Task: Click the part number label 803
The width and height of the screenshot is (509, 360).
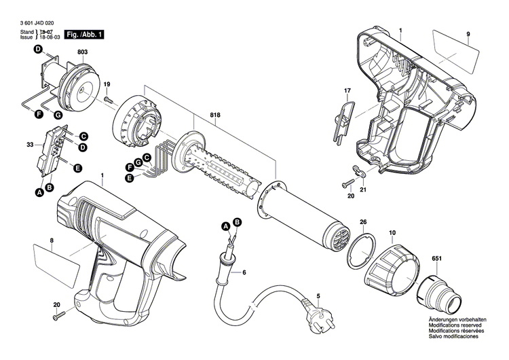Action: [x=82, y=52]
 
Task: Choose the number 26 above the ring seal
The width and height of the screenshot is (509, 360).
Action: [x=363, y=223]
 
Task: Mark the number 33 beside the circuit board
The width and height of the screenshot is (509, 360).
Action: [x=29, y=145]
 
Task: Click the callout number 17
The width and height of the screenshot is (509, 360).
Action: [x=347, y=91]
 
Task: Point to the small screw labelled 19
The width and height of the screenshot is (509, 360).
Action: [x=109, y=100]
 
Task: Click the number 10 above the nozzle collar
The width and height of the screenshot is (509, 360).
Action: [x=392, y=234]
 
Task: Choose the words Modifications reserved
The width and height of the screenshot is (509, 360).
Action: [x=453, y=324]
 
